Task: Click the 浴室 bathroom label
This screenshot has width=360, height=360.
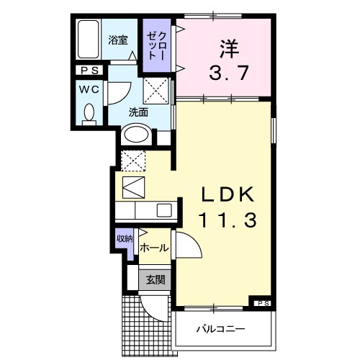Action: tap(120, 40)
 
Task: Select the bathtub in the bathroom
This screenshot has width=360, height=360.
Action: tap(89, 40)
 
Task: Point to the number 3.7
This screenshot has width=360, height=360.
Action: tap(229, 73)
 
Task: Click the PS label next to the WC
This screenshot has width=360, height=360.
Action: tap(91, 71)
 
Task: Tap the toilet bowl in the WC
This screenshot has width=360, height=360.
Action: tap(90, 114)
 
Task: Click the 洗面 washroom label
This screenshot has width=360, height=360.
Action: tap(138, 112)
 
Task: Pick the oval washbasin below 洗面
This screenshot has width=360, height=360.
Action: tap(137, 134)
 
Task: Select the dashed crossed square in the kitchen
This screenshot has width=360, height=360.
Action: tap(135, 160)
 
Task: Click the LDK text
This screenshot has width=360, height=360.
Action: tap(228, 195)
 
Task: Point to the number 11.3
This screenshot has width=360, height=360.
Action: tap(228, 221)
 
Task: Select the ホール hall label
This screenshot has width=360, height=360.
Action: tap(154, 248)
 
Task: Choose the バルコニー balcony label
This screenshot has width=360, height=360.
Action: tap(222, 330)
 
